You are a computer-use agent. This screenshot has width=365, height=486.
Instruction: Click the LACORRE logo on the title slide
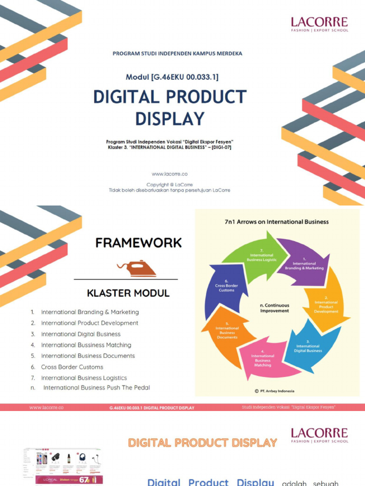tap(319, 24)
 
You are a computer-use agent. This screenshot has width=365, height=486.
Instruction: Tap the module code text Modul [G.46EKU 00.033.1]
tap(172, 77)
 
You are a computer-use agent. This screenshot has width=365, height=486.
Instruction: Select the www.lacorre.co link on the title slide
tap(169, 174)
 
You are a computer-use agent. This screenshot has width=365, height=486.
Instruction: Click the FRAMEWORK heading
tap(138, 243)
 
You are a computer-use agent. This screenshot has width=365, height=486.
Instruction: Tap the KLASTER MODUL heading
tap(128, 293)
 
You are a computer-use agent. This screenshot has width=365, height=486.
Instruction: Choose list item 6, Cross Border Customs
tap(72, 367)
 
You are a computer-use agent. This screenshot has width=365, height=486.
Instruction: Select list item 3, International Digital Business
tap(81, 334)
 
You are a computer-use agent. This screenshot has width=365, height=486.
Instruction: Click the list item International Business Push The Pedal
tap(96, 388)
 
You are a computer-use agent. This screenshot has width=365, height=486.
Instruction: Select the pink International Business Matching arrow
tap(263, 361)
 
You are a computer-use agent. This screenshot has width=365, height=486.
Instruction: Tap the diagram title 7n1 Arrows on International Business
tap(277, 222)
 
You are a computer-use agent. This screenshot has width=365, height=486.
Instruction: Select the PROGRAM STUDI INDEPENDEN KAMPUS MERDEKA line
tap(177, 54)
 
